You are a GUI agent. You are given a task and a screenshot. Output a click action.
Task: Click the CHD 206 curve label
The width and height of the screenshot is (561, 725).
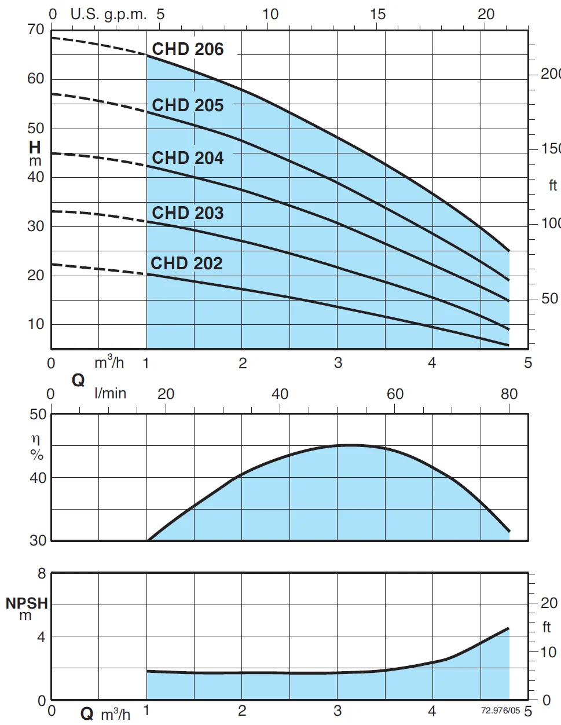[188, 49]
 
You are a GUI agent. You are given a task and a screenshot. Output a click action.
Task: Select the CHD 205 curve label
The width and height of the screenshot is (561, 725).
[188, 105]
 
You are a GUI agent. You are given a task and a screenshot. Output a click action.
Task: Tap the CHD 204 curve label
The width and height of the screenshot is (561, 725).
[188, 158]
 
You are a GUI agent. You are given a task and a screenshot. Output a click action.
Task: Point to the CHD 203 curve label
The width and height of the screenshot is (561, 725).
[188, 213]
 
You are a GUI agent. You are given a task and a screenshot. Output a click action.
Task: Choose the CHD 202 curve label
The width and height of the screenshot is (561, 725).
[186, 263]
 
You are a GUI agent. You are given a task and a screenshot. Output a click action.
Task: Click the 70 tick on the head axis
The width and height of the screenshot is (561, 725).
[36, 30]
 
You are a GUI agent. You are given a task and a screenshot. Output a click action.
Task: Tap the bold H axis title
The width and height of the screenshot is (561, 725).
[35, 148]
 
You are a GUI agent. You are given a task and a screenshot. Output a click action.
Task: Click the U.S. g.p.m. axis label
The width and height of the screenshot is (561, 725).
[108, 14]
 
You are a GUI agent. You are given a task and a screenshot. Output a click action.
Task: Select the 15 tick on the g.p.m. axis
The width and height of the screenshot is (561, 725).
[377, 14]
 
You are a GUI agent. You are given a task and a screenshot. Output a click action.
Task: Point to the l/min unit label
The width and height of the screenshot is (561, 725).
[110, 394]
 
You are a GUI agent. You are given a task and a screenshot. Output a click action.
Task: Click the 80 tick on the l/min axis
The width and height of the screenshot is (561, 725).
[509, 394]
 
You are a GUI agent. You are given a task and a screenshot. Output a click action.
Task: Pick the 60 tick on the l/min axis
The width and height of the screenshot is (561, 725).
[395, 394]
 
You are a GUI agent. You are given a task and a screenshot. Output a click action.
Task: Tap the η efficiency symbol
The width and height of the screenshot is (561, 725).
[36, 440]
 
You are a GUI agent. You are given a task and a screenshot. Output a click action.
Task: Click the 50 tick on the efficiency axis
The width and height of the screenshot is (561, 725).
[38, 415]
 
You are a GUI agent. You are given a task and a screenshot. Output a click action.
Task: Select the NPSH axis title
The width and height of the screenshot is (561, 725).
[27, 603]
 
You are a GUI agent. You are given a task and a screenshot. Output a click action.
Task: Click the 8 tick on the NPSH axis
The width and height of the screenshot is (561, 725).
[42, 574]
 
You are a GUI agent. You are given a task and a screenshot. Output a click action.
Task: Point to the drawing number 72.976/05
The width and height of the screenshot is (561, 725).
[500, 711]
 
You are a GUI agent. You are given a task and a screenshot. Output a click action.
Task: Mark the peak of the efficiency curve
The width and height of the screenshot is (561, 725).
[351, 445]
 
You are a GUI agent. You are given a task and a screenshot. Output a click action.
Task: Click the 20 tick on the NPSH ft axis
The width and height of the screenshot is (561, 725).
[549, 603]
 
